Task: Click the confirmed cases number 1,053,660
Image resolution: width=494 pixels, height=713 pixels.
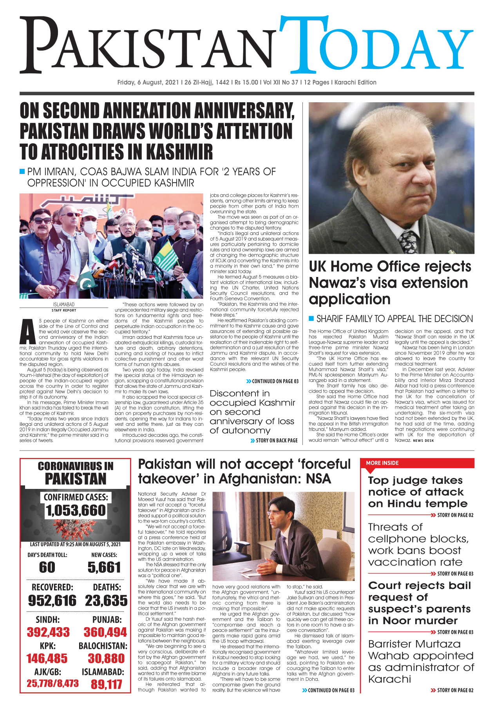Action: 76,510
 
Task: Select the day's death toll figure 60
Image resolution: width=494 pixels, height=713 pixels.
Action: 47,567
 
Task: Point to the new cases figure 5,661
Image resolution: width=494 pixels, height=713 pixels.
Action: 104,567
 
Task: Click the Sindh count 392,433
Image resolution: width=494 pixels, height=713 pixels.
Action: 48,632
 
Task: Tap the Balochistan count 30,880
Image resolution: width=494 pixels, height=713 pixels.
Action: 106,659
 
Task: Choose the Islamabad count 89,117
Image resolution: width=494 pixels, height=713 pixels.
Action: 106,684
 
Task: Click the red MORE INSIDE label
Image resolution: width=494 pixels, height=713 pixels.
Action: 382,463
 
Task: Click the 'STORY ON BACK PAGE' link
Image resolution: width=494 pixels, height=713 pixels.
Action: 277,440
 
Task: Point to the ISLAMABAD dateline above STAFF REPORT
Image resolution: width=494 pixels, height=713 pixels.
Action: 63,304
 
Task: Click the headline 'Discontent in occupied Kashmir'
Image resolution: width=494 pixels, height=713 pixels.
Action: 252,412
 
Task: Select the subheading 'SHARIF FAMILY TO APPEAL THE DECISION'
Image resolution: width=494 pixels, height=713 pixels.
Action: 394,318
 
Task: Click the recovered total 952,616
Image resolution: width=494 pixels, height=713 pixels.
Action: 52,601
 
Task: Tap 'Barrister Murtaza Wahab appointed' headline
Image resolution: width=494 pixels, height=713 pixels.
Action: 421,661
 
